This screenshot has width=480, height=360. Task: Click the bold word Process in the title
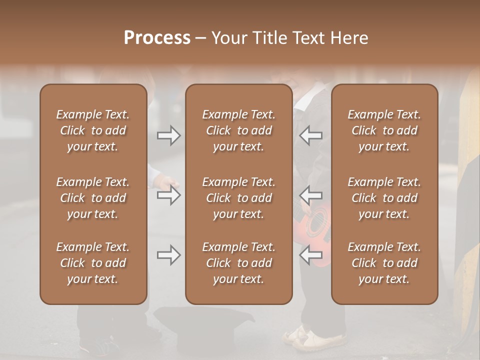tap(157, 38)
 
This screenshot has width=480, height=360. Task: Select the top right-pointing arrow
tap(168, 135)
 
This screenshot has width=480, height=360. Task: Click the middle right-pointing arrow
tap(168, 194)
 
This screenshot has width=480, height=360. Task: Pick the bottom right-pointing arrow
tap(168, 255)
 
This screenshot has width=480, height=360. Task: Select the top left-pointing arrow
tap(311, 135)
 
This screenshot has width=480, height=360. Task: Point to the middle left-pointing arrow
tap(311, 194)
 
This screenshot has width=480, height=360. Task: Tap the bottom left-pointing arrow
tap(311, 255)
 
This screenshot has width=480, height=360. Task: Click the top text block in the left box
tap(93, 130)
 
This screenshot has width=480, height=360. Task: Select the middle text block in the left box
tap(93, 198)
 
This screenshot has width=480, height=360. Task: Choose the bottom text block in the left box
tap(93, 263)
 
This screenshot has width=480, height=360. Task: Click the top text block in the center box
tap(239, 130)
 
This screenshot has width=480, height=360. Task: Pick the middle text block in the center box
tap(239, 198)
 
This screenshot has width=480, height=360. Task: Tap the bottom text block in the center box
tap(239, 263)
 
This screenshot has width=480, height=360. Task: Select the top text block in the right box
tap(384, 130)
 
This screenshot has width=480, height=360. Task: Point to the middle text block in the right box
tap(384, 198)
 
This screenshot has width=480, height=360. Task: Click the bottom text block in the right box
tap(384, 263)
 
